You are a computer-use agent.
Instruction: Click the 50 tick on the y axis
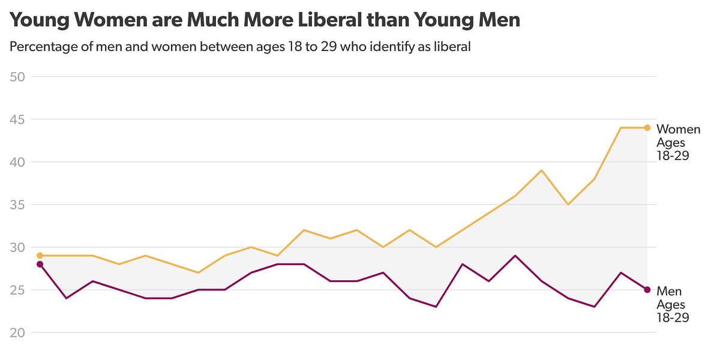point(17,77)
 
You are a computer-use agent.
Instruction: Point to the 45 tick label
point(17,119)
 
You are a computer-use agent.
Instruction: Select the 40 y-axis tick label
point(17,162)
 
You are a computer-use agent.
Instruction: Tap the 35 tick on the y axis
point(17,205)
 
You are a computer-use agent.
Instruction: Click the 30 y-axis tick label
point(17,247)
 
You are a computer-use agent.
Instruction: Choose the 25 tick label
point(17,290)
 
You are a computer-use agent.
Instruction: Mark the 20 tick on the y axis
point(17,332)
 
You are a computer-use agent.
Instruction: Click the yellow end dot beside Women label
point(647,128)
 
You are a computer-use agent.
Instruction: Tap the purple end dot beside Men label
point(647,290)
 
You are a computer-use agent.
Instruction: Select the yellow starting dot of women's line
point(40,256)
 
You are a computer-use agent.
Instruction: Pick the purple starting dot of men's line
point(40,264)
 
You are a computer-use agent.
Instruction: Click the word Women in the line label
point(678,130)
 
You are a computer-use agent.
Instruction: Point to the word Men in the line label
point(669,292)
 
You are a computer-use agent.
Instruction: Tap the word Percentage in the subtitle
point(43,47)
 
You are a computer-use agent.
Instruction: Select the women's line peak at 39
point(542,170)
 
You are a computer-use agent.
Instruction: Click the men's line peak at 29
point(515,256)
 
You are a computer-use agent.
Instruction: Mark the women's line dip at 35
point(568,205)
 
